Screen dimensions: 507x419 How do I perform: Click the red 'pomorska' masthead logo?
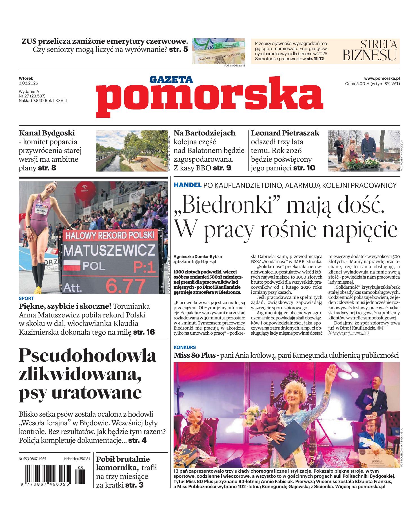click(x=209, y=97)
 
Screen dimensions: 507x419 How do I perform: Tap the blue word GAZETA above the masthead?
click(x=171, y=80)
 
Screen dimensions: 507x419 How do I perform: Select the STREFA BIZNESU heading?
click(x=370, y=50)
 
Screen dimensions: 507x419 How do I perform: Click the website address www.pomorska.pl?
click(x=382, y=79)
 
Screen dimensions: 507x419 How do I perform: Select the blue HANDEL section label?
click(x=187, y=185)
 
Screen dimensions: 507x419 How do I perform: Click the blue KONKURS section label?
click(x=185, y=347)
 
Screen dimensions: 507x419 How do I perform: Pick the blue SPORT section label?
click(x=26, y=298)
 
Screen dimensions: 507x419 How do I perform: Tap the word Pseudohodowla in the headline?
click(x=87, y=355)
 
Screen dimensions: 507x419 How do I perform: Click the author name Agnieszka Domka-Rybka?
click(x=198, y=257)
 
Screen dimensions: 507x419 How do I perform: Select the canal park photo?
click(x=132, y=151)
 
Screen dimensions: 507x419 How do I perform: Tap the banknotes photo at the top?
click(x=219, y=51)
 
